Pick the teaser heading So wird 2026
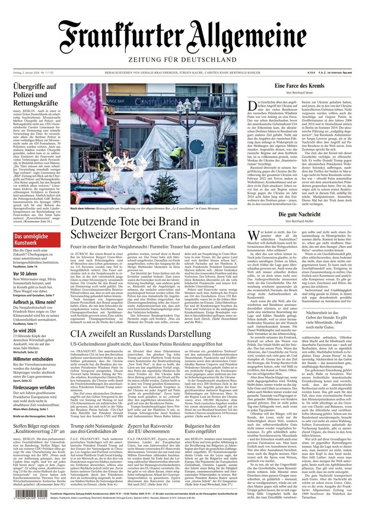pos(24,314)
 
